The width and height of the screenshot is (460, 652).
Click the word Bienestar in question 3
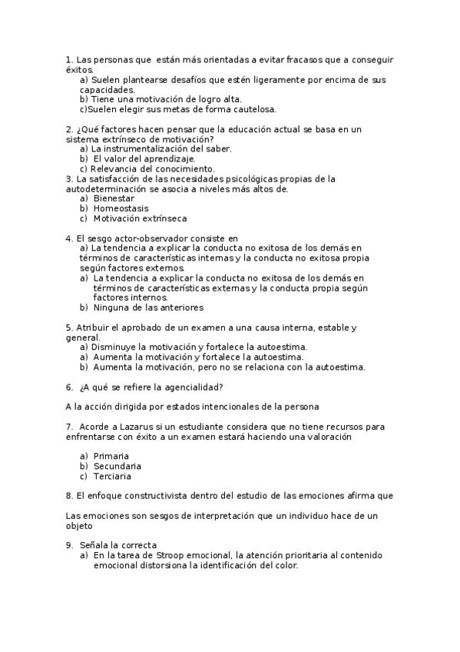click(114, 198)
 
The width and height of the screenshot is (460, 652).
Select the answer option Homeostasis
click(121, 208)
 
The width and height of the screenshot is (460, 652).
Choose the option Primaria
click(111, 456)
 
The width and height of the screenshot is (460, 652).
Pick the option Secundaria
click(117, 466)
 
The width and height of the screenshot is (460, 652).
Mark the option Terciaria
click(113, 476)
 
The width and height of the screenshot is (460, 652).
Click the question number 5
click(69, 328)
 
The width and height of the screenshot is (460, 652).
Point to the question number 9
click(69, 545)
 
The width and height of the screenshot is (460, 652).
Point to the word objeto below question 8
click(79, 527)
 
